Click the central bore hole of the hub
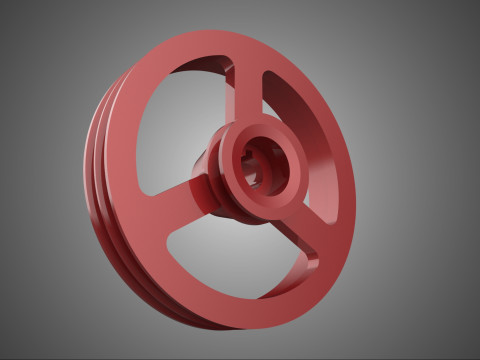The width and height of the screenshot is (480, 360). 263,163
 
